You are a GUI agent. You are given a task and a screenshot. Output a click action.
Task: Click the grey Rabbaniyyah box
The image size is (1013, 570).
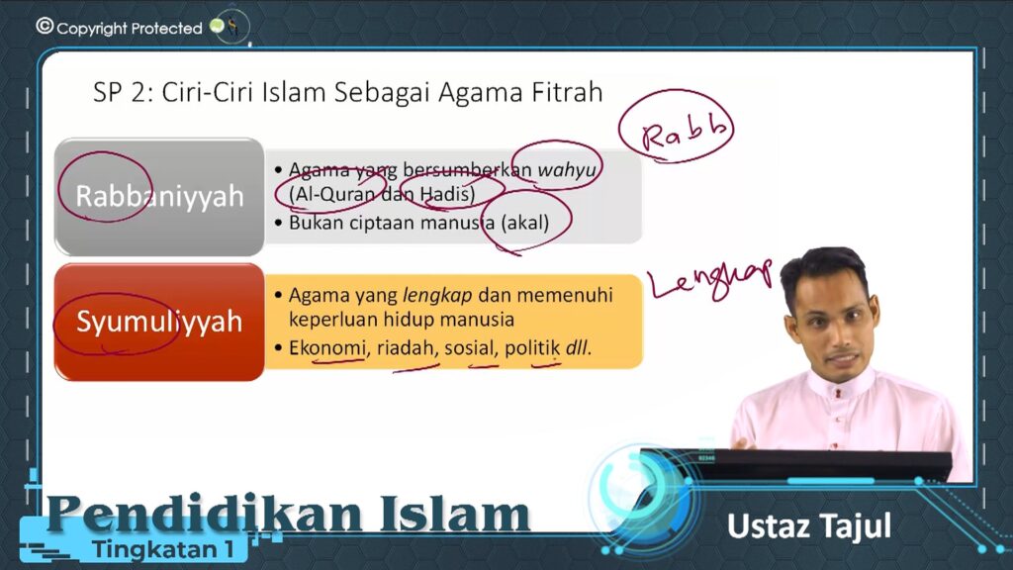159,197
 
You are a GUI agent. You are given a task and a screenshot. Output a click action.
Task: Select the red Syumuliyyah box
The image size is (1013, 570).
159,322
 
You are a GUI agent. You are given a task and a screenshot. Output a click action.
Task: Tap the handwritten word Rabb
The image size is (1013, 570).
684,133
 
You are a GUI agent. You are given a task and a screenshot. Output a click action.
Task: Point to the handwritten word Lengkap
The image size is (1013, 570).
710,279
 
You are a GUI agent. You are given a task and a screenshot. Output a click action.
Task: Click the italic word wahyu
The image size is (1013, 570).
567,170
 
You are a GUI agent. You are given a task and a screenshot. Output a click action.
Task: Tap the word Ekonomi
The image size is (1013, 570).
326,347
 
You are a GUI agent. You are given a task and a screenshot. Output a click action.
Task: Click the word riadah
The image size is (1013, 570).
405,347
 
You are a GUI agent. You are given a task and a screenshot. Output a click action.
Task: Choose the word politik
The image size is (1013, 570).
532,347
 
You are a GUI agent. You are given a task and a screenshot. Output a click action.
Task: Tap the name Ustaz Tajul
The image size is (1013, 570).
809,526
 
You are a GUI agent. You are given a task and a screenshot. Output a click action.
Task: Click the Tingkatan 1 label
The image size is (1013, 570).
163,549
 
